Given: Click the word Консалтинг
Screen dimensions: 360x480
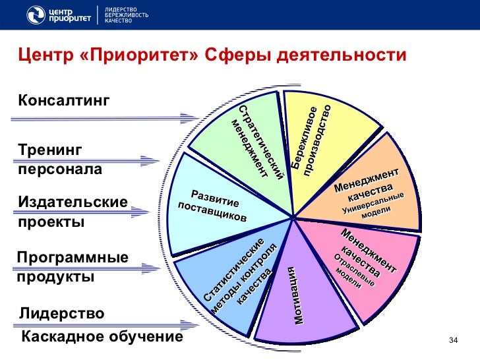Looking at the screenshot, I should pos(63,100).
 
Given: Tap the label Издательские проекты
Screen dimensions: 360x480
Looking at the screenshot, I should pos(73,212).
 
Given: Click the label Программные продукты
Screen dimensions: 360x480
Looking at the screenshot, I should pos(73,266).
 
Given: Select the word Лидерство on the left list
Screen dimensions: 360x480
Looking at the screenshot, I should pos(61,314).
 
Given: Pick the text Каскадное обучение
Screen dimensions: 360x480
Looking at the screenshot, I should pos(102,338).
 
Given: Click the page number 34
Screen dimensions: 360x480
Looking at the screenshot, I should pos(453,340).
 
